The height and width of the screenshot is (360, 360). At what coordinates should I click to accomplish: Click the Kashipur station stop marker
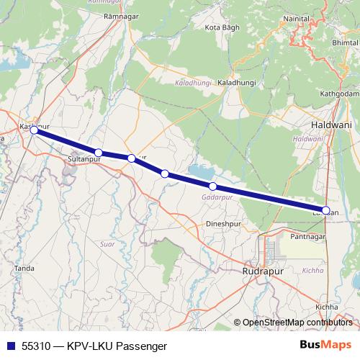pyautogui.click(x=34, y=130)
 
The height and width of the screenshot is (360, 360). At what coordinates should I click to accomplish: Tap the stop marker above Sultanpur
pyautogui.click(x=99, y=153)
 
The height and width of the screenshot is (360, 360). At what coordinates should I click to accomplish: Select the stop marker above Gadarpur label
pyautogui.click(x=212, y=186)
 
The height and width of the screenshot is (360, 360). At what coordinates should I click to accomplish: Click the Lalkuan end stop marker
pyautogui.click(x=326, y=211)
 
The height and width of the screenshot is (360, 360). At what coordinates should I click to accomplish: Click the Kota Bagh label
pyautogui.click(x=222, y=27)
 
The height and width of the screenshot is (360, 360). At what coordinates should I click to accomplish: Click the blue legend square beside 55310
pyautogui.click(x=9, y=346)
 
